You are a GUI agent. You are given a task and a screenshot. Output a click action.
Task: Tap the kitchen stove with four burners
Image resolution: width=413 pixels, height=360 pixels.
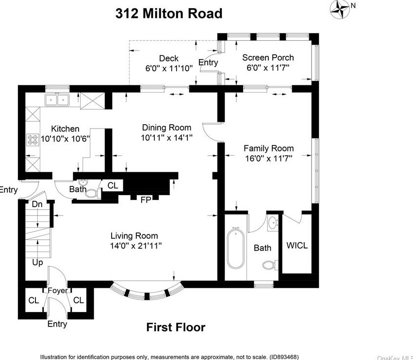(x=33, y=140)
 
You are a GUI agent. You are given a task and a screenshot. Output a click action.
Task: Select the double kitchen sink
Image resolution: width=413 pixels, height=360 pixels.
(x=57, y=100)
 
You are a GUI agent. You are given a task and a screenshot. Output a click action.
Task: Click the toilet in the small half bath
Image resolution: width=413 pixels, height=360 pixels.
(x=92, y=194)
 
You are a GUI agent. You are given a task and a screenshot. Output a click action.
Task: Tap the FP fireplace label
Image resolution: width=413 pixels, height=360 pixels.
(x=146, y=200)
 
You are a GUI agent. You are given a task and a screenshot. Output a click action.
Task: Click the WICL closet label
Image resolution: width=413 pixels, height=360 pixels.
(x=297, y=245)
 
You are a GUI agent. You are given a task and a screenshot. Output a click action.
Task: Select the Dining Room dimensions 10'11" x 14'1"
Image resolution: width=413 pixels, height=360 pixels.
(x=167, y=138)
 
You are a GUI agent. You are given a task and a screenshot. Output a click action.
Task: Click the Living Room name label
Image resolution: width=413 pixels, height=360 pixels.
(x=134, y=236)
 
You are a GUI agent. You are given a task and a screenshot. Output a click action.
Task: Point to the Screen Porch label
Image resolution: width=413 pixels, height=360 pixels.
(x=268, y=58)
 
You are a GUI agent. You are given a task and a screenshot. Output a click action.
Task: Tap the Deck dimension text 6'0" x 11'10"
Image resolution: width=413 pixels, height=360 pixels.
(x=169, y=68)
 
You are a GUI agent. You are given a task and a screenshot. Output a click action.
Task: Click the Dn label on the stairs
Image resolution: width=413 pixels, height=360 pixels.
(x=37, y=204)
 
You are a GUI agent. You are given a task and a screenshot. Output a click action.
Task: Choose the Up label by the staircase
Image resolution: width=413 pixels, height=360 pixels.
(x=37, y=262)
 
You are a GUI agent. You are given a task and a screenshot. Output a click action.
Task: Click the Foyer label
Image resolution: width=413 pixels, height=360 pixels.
(x=58, y=291)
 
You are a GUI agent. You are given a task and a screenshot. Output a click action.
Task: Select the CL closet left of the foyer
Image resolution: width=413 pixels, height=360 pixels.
(x=33, y=300)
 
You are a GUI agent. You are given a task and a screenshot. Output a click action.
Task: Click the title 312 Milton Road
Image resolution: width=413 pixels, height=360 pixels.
(x=169, y=14)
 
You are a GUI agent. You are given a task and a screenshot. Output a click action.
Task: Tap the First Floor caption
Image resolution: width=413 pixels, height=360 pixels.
(x=176, y=327)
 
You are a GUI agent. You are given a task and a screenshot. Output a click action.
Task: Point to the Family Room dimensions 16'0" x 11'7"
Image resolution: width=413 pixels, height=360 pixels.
(x=269, y=159)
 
